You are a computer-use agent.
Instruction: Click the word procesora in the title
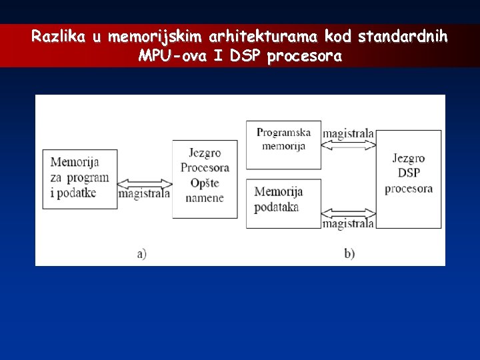pyautogui.click(x=304, y=57)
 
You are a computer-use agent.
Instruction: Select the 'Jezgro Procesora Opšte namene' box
pyautogui.click(x=205, y=179)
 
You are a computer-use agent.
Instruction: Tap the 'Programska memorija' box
pyautogui.click(x=283, y=144)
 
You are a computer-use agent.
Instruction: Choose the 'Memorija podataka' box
pyautogui.click(x=283, y=203)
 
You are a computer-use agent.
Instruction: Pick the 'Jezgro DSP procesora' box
pyautogui.click(x=409, y=179)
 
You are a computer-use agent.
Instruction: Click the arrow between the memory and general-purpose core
pyautogui.click(x=145, y=182)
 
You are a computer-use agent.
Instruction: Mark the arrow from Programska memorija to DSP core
pyautogui.click(x=349, y=146)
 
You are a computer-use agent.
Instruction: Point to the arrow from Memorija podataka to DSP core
pyautogui.click(x=349, y=213)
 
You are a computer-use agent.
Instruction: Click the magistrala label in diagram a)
pyautogui.click(x=145, y=194)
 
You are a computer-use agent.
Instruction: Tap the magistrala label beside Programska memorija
pyautogui.click(x=349, y=134)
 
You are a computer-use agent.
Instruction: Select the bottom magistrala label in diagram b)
pyautogui.click(x=349, y=224)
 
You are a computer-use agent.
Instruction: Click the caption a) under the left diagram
pyautogui.click(x=141, y=253)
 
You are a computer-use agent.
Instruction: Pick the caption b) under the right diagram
pyautogui.click(x=349, y=253)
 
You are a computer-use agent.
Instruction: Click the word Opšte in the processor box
pyautogui.click(x=204, y=183)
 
